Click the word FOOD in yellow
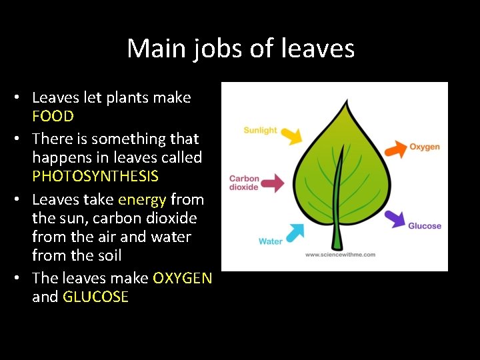(53, 116)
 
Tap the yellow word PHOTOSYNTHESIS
(95, 176)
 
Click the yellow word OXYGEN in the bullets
(182, 278)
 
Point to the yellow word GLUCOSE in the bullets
(95, 297)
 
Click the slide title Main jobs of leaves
(240, 48)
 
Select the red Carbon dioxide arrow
(273, 183)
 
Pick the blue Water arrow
(294, 233)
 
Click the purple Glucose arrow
(394, 218)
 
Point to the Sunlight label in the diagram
(260, 130)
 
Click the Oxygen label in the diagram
(424, 147)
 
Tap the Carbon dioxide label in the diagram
(244, 183)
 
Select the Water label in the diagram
(271, 241)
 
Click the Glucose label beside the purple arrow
(425, 225)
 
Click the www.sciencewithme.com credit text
(340, 255)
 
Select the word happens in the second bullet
(63, 157)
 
